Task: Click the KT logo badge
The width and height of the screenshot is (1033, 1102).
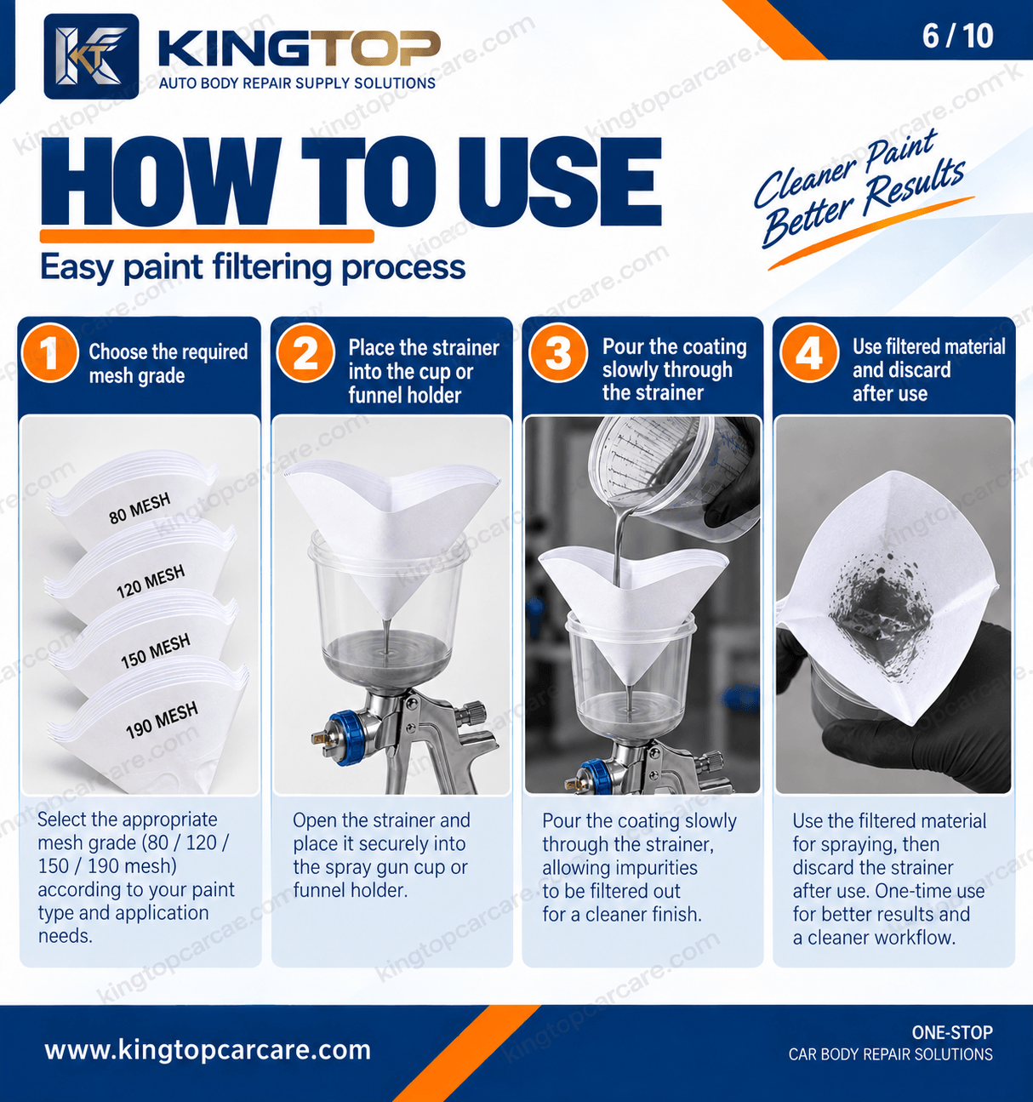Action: click(92, 56)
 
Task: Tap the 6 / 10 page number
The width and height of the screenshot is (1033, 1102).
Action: click(957, 36)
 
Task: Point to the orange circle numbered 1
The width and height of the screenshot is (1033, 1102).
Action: click(50, 353)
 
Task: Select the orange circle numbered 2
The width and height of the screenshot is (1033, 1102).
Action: click(305, 353)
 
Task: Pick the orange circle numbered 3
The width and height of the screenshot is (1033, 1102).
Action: click(558, 353)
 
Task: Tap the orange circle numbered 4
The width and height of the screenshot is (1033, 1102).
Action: click(808, 353)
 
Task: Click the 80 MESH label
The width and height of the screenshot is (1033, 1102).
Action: click(140, 509)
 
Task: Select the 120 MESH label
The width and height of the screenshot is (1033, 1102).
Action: click(151, 581)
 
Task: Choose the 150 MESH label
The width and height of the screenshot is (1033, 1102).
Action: click(156, 650)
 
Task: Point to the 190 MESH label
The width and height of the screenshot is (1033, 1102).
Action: click(162, 720)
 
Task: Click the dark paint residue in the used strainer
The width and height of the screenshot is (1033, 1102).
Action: click(880, 614)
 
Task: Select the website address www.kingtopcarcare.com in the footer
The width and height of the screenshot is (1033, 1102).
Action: click(208, 1050)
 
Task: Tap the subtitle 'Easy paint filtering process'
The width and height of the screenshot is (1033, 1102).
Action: click(253, 268)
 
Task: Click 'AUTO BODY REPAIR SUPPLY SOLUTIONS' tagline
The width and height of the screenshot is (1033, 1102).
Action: click(297, 83)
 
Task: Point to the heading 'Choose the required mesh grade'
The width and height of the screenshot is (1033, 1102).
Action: click(168, 363)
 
